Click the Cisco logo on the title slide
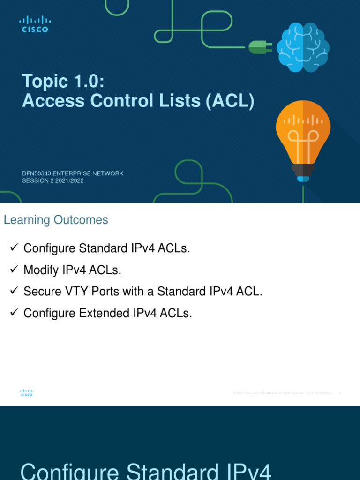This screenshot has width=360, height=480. [x=35, y=24]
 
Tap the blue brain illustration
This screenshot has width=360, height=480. [x=303, y=47]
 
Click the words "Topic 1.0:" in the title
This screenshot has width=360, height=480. [x=63, y=81]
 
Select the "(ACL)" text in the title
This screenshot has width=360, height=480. [x=230, y=101]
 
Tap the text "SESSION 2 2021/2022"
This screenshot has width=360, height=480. [x=53, y=181]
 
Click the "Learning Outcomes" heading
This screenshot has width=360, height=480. [x=56, y=220]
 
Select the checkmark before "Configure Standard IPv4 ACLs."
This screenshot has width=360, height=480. [x=14, y=248]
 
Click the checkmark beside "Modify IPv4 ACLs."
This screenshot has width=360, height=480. [x=14, y=270]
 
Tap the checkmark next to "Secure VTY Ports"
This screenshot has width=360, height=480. [x=14, y=291]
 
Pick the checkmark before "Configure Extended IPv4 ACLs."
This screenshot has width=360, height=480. [x=14, y=313]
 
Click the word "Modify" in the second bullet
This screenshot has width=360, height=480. [x=41, y=270]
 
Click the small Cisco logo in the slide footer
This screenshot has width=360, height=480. [x=27, y=393]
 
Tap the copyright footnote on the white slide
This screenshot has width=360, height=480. [x=282, y=393]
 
